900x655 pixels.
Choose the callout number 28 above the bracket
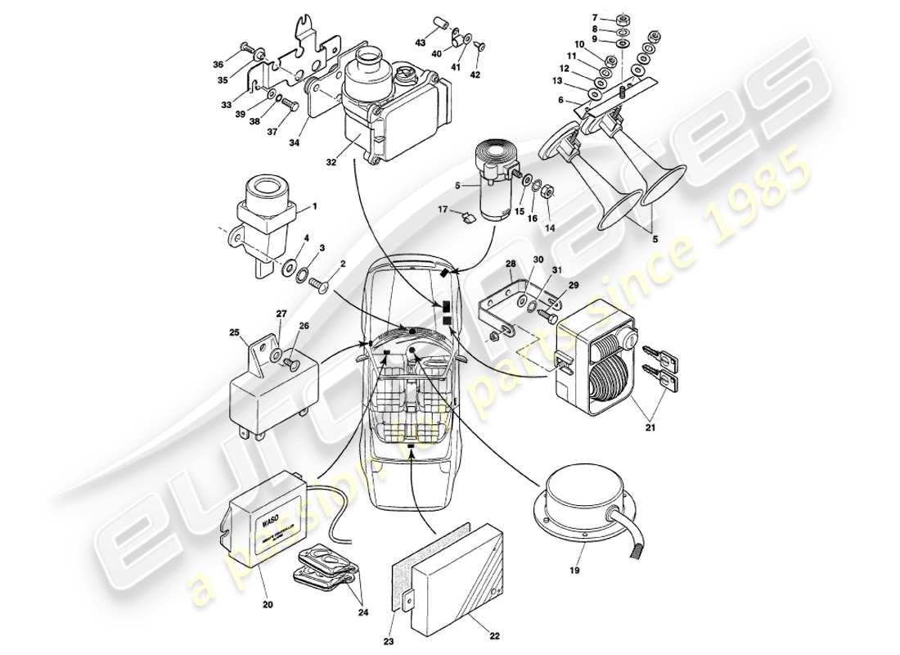pos(511,264)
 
